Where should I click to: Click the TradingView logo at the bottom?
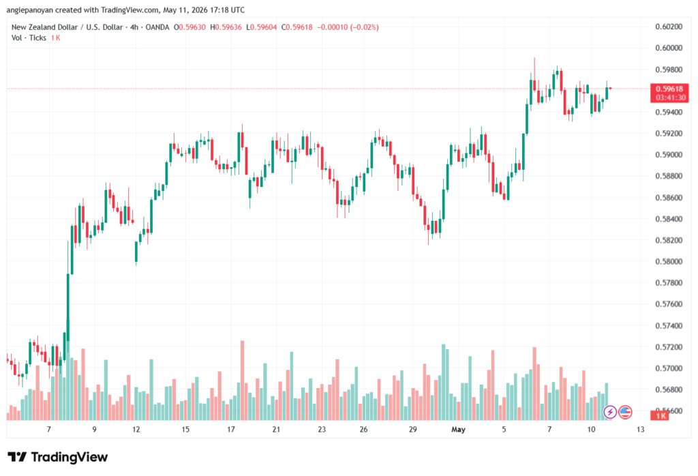tap(58, 457)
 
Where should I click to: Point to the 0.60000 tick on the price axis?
tap(669, 48)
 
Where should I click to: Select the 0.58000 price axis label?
tap(669, 261)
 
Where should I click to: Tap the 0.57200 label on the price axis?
tap(669, 347)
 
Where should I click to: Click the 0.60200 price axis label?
tap(669, 27)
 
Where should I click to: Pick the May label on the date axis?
tap(458, 429)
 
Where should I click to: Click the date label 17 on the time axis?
tap(230, 429)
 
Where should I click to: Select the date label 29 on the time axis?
tap(412, 429)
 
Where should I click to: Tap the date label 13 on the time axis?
tap(640, 429)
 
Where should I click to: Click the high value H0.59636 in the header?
tap(226, 27)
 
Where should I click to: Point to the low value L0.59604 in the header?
tap(262, 27)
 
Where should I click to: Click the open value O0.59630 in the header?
tap(189, 27)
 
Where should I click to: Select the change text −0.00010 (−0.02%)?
tap(348, 27)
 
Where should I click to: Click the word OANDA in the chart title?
tap(157, 27)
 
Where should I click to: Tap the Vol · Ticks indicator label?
tap(29, 38)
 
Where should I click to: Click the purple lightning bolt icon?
tap(610, 412)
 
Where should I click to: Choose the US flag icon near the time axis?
tap(625, 412)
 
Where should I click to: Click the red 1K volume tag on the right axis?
tap(660, 416)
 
